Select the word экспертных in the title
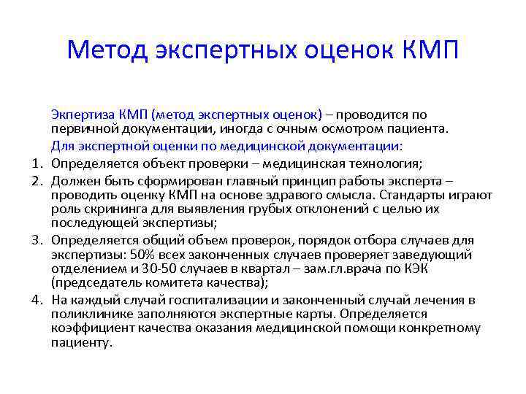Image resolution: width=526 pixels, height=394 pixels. (230, 50)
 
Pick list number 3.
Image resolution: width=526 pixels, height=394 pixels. (36, 240)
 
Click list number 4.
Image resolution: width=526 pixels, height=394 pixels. (36, 300)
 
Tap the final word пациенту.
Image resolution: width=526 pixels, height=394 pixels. (82, 343)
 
